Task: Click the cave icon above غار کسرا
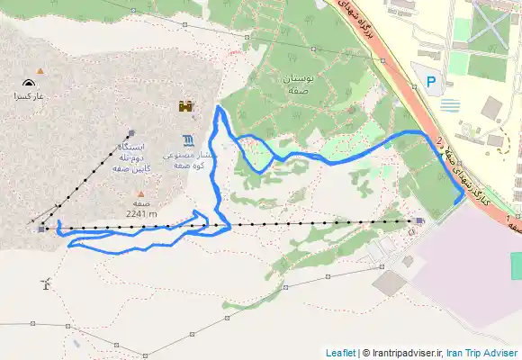pos(22,83)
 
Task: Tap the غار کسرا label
pos(22,95)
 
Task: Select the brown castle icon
pos(186,107)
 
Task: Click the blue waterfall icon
pos(187,139)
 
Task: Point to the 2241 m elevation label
pos(141,214)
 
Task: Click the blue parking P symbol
pos(431,82)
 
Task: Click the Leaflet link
pos(340,353)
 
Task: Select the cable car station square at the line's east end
pos(419,220)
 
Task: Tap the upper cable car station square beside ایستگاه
pos(131,131)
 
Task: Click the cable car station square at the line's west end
pos(40,228)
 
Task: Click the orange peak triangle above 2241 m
pos(135,192)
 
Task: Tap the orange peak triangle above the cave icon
pos(39,68)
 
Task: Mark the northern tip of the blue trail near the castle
pos(219,109)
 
